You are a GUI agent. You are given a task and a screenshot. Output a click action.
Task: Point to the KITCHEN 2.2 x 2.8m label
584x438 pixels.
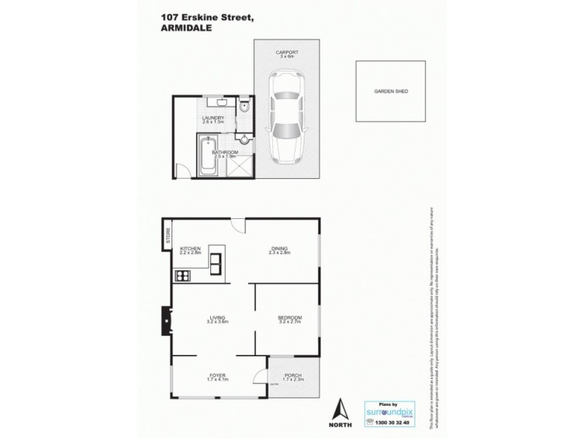pos(190,250)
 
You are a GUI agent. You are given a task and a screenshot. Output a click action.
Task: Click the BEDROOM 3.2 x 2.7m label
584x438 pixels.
pos(289,320)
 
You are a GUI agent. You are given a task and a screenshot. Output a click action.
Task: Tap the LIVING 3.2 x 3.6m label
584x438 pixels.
pos(218,320)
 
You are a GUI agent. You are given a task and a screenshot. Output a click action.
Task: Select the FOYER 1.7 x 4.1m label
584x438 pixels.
pos(218,377)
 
